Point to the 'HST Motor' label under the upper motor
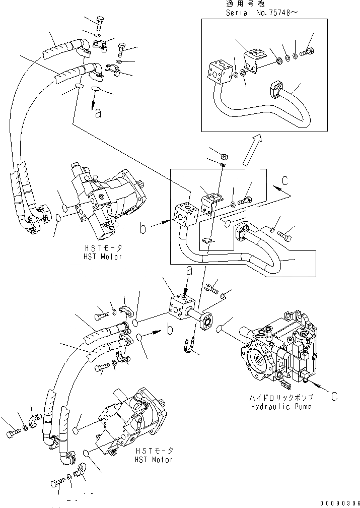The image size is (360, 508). point(104,257)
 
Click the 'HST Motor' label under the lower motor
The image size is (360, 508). point(155,460)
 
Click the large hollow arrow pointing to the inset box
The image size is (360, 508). point(252,150)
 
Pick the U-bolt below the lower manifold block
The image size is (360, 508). point(189,346)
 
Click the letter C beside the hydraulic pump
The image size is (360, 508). point(334,396)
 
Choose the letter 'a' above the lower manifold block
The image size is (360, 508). point(189,271)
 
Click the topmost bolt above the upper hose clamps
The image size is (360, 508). point(99,22)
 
